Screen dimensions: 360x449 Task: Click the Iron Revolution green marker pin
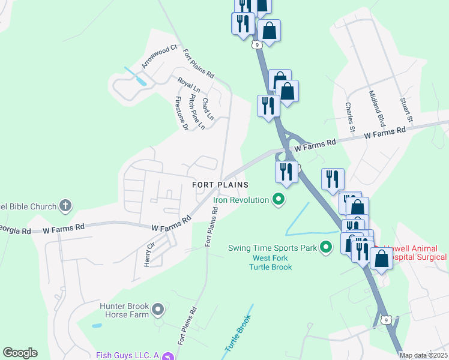click(278, 199)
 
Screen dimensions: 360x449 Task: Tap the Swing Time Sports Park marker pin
click(326, 247)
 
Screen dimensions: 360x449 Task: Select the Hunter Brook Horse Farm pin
click(158, 310)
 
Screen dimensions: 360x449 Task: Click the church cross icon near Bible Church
click(65, 206)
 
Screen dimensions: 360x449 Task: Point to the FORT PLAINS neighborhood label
click(220, 185)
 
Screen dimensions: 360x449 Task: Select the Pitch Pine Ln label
click(197, 111)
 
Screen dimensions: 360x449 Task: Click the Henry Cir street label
click(149, 254)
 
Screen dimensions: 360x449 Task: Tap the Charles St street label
click(349, 116)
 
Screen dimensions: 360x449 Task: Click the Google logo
click(20, 353)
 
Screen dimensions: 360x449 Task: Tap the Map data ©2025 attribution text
click(423, 355)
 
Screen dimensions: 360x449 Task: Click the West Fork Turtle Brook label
click(268, 262)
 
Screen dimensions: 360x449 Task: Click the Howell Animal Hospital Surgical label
click(414, 253)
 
